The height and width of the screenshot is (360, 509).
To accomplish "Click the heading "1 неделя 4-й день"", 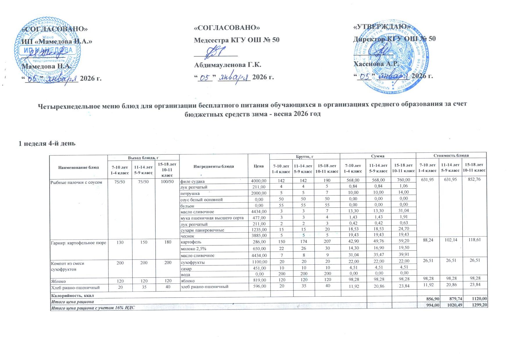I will click(x=47, y=143).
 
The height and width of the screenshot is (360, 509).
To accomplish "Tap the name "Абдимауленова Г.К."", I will click(x=228, y=64).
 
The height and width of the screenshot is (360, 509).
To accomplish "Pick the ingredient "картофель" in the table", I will click(x=191, y=242).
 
